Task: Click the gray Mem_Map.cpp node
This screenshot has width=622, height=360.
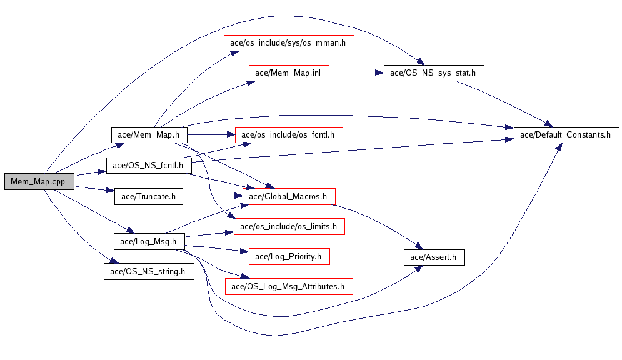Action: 38,181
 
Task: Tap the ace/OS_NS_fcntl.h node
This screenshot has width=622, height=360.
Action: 148,166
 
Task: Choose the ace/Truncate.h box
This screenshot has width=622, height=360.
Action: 148,197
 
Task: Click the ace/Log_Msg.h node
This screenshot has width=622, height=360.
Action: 148,241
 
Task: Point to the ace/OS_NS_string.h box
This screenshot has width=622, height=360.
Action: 148,271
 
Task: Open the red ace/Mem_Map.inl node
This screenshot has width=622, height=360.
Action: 288,72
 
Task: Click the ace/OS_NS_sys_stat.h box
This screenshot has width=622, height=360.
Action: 433,72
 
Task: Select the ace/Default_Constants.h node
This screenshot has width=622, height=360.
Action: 566,134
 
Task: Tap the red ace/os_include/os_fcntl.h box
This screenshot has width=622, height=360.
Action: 288,134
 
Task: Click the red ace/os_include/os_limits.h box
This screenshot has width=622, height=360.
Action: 288,226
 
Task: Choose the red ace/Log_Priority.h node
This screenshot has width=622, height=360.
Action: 288,256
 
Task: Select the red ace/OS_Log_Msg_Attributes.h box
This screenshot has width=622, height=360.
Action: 288,286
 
